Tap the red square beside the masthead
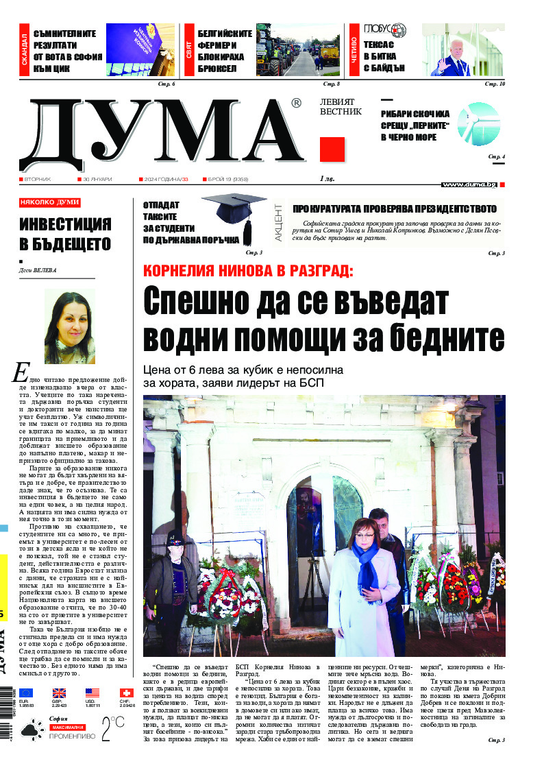[x=332, y=149]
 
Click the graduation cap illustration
[x=234, y=213]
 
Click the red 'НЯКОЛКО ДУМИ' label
[x=49, y=202]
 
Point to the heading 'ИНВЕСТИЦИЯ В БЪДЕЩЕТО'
[x=65, y=234]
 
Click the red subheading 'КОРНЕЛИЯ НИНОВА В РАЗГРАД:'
[x=248, y=270]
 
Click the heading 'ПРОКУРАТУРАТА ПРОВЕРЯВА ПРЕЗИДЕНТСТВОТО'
[x=394, y=208]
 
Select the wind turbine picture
[x=478, y=123]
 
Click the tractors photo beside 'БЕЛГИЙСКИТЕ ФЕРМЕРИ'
[x=298, y=49]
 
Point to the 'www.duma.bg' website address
[x=469, y=184]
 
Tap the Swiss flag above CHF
[x=126, y=693]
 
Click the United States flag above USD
[x=92, y=693]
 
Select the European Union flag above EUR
[x=26, y=693]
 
